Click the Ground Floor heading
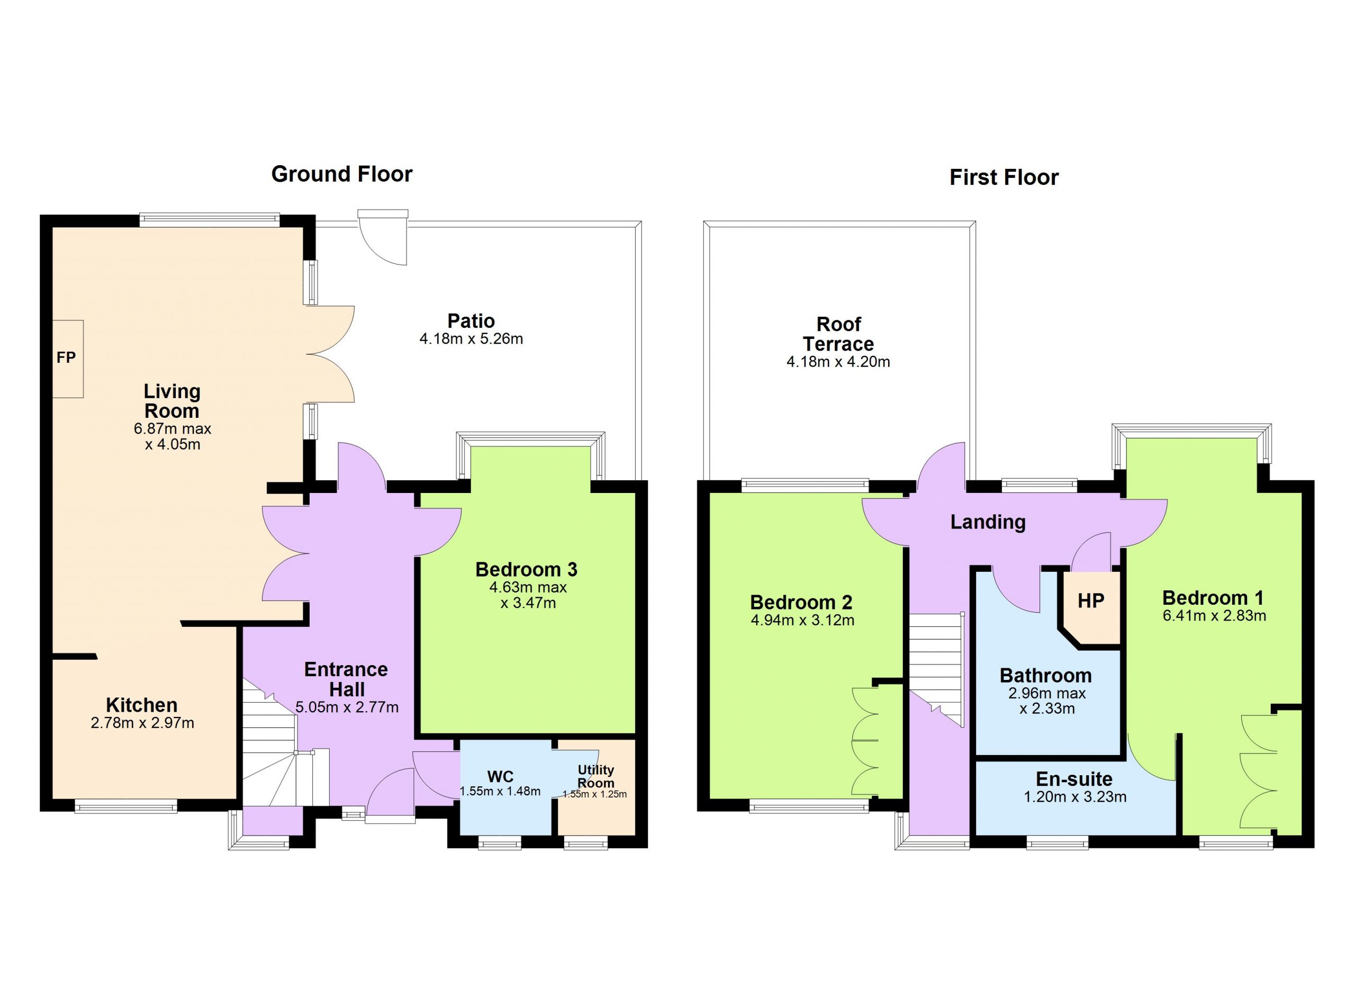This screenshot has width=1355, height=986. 342,174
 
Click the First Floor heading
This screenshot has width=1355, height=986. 1004,177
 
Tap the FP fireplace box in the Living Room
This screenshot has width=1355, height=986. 67,358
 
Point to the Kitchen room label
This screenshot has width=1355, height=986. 142,705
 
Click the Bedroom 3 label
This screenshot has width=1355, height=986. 526,569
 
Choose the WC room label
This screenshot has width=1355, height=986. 500,776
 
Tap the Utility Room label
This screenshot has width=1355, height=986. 595,776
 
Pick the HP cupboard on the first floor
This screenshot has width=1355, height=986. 1090,601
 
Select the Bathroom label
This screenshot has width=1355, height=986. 1045,676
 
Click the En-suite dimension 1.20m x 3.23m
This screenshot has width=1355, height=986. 1075,797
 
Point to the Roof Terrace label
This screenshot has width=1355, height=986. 838,334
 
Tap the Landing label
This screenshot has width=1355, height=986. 988,522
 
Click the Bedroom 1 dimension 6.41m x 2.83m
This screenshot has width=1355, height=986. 1214,615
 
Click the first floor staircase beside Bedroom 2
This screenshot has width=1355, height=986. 936,669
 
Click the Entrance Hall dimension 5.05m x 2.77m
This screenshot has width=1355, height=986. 347,707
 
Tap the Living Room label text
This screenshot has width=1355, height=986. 172,401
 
